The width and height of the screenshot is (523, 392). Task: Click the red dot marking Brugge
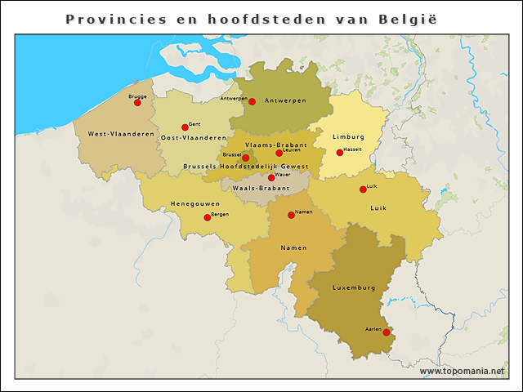[x=137, y=103]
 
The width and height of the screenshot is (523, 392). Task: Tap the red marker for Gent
[x=185, y=127]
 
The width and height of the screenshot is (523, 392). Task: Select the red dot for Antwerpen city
[x=253, y=101]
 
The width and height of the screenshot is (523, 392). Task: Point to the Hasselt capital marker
[x=340, y=153]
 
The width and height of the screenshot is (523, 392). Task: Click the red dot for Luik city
[x=364, y=189]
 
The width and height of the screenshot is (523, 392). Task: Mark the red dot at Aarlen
[x=387, y=332]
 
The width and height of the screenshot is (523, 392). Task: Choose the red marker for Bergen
[x=207, y=217]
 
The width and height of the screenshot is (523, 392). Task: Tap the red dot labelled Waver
[x=271, y=177]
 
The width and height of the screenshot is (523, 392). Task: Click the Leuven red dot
[x=279, y=153]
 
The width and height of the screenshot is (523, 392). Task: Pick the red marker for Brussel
[x=245, y=158]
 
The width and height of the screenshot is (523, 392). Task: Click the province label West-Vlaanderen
[x=121, y=134]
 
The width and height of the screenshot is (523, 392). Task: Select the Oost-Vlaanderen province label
[x=193, y=138]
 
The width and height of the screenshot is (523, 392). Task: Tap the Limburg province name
[x=348, y=136]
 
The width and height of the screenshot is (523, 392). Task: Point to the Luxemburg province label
[x=354, y=287]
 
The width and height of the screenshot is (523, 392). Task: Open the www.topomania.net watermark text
[x=462, y=372]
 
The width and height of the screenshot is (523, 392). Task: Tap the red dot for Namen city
[x=292, y=215]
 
